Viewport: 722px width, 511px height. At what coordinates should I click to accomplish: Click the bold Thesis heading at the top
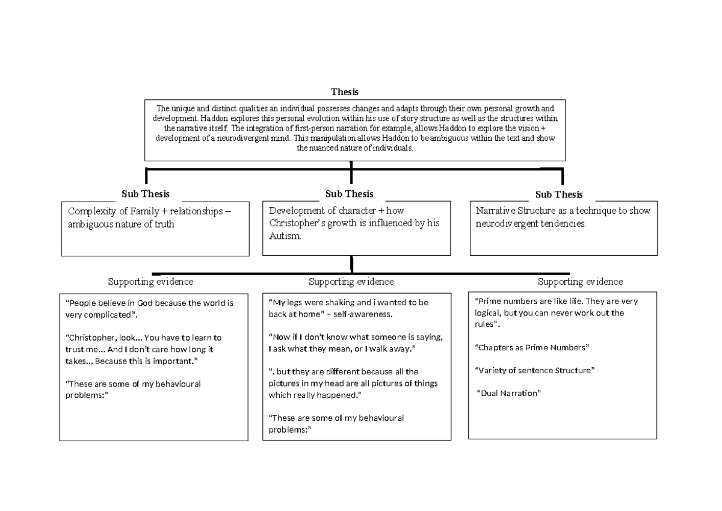tap(345, 92)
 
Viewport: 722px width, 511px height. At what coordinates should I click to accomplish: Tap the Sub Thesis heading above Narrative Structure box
tap(559, 194)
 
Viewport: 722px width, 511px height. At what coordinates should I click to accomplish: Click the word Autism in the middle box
tap(283, 237)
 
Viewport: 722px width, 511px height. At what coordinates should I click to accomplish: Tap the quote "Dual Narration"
tap(509, 393)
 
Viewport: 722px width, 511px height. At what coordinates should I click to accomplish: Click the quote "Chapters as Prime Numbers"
tap(532, 347)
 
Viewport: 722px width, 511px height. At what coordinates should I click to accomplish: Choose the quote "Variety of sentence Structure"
tap(534, 370)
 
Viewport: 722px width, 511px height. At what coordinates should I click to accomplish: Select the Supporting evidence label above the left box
tap(150, 282)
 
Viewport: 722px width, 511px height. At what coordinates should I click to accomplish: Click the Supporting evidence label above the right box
tap(580, 282)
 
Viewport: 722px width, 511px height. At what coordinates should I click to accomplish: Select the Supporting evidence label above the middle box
tap(351, 282)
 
